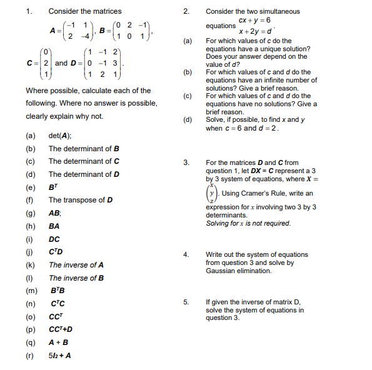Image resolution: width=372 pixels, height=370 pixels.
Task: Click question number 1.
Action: point(28,11)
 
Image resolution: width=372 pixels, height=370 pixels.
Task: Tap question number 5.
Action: point(186,302)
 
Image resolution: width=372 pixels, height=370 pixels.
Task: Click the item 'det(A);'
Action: point(60,136)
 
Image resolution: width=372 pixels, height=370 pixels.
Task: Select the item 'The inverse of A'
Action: point(76,265)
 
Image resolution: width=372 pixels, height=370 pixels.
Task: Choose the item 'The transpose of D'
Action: point(81,200)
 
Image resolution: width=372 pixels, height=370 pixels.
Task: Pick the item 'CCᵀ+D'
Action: point(61,329)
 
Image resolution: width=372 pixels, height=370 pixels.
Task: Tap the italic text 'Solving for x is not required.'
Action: point(248,223)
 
